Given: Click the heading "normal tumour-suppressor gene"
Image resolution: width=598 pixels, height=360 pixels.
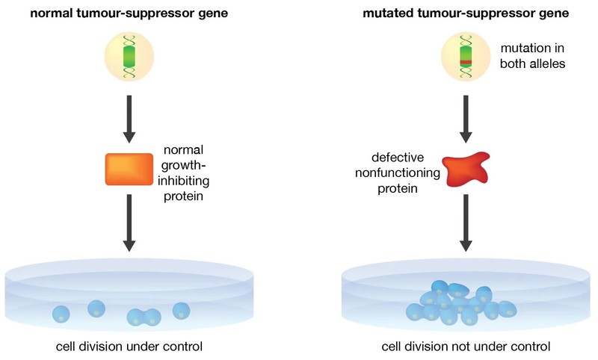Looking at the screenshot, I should pyautogui.click(x=129, y=13).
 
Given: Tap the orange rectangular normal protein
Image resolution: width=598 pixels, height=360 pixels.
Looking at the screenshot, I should pyautogui.click(x=129, y=169).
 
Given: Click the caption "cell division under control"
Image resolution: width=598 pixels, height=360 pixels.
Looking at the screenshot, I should pyautogui.click(x=129, y=347).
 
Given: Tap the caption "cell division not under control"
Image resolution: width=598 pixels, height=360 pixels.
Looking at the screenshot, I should pyautogui.click(x=466, y=347).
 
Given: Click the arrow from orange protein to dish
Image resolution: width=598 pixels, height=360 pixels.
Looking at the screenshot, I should pyautogui.click(x=129, y=223).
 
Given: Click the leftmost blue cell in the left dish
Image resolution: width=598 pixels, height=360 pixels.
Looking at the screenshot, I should pyautogui.click(x=61, y=314).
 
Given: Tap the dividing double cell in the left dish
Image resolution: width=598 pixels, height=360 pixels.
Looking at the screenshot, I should pyautogui.click(x=144, y=317).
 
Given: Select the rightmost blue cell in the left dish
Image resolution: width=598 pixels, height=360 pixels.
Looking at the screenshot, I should pyautogui.click(x=181, y=310).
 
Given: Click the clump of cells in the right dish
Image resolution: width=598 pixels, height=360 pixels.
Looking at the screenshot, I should pyautogui.click(x=460, y=305).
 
